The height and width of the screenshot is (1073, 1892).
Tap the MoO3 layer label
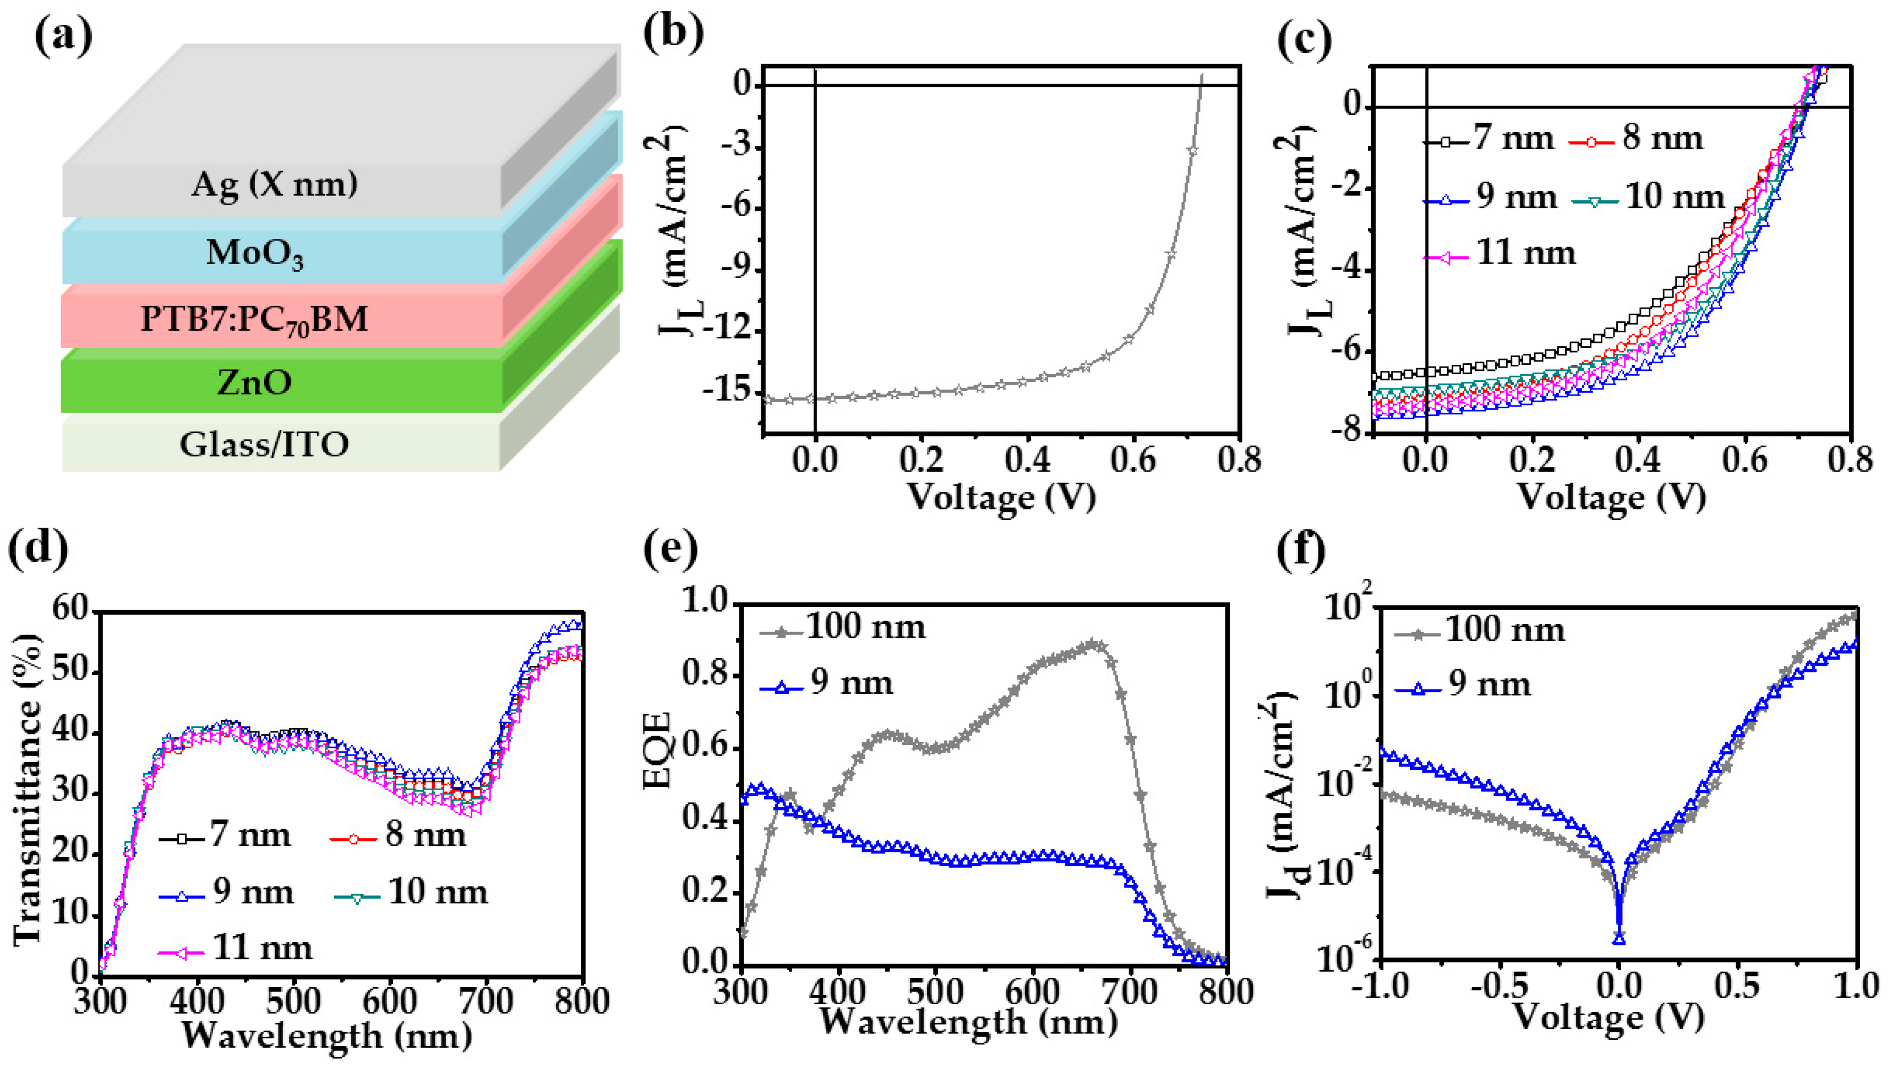(254, 253)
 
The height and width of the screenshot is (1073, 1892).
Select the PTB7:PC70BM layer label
(254, 319)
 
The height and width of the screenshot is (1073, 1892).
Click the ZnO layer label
(254, 382)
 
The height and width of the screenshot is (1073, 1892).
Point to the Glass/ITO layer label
(264, 445)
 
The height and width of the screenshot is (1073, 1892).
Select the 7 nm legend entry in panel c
(1489, 139)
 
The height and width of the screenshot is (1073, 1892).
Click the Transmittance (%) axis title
(28, 789)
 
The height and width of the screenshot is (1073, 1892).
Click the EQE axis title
(658, 750)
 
